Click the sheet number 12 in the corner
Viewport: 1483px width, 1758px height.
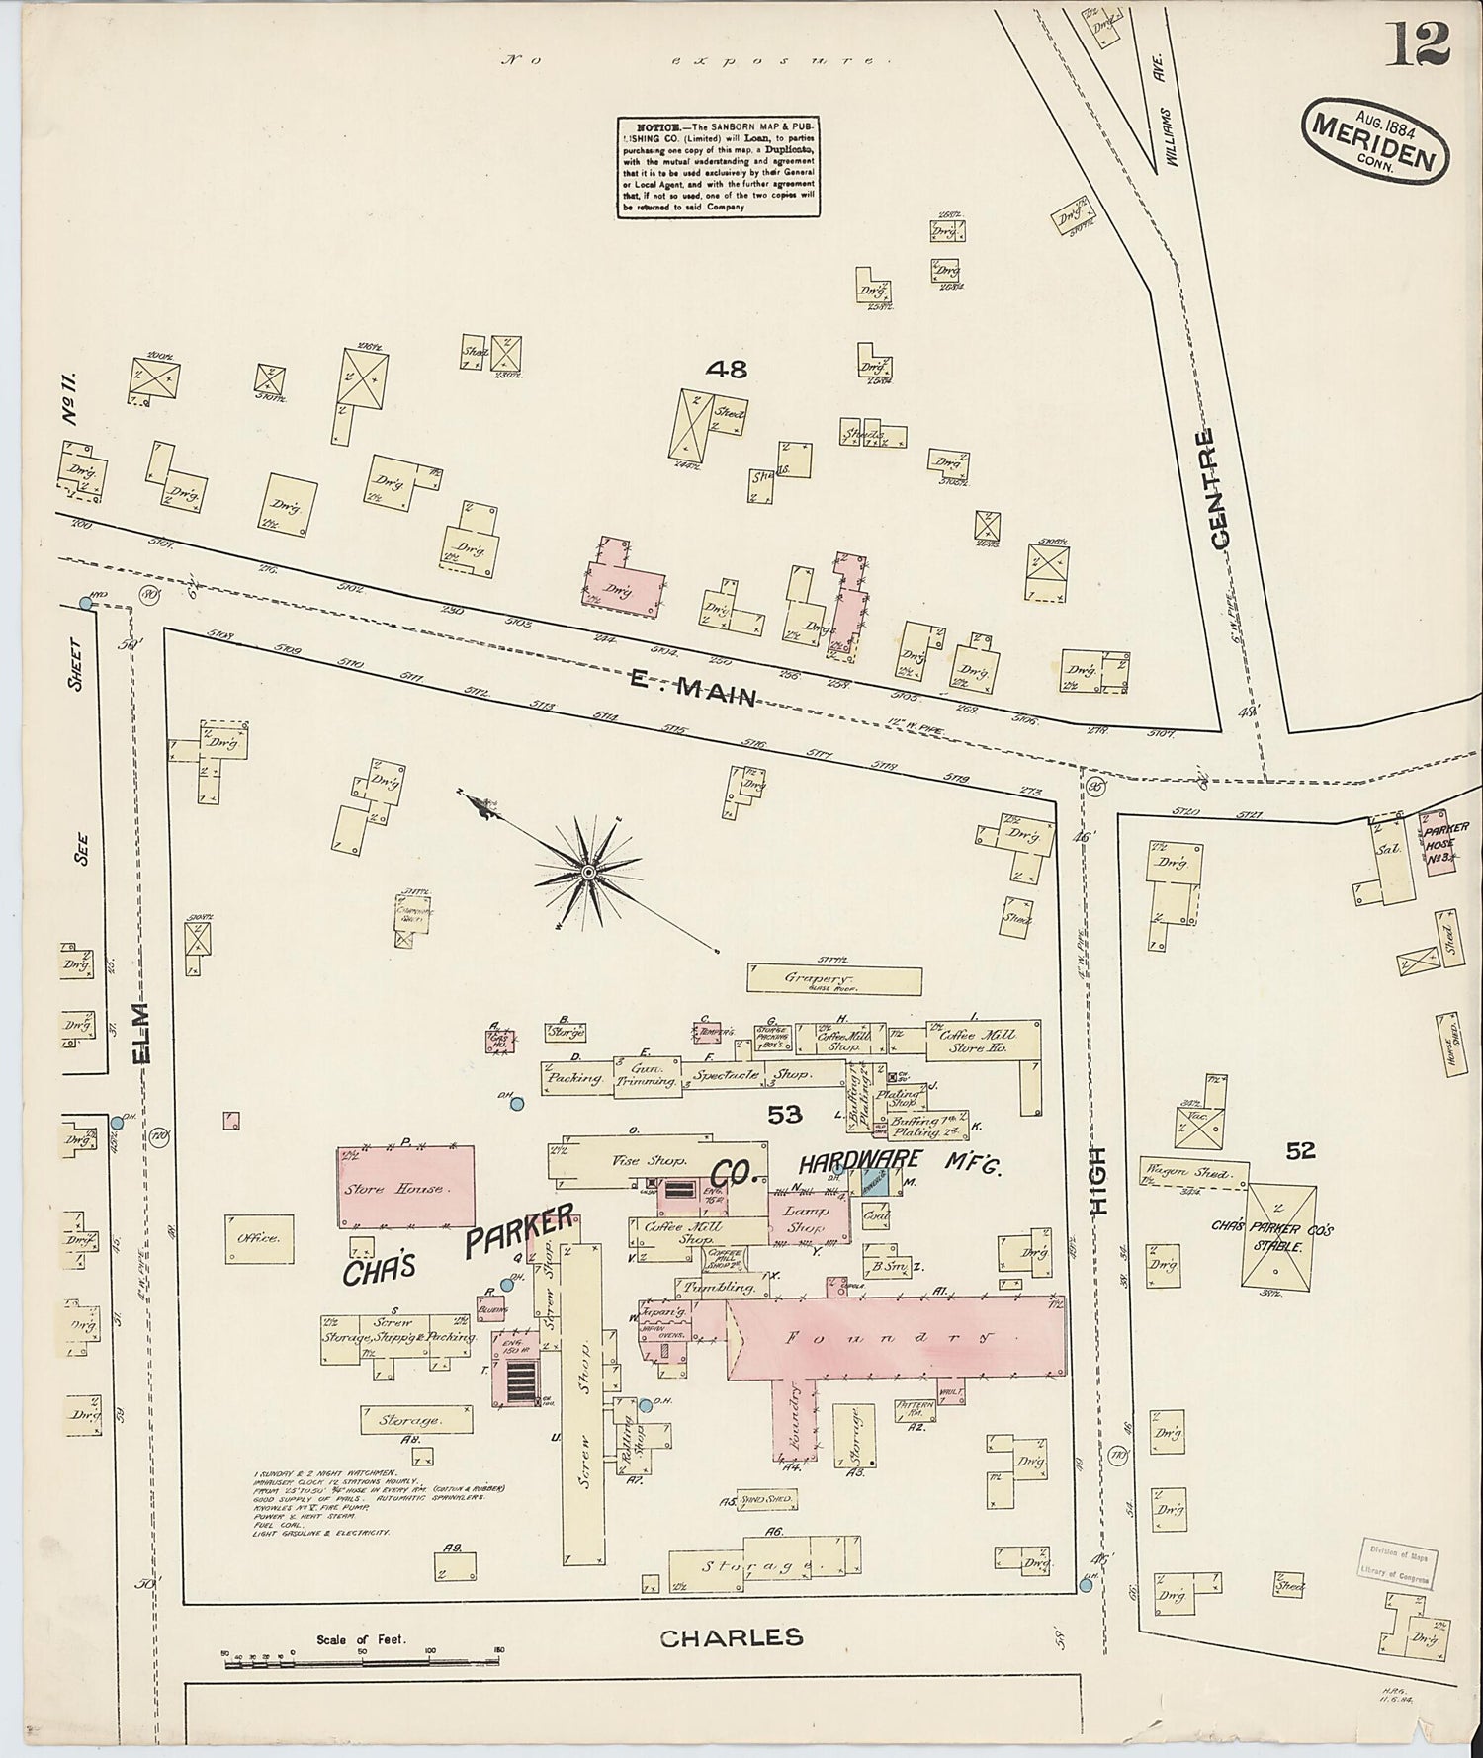(x=1422, y=44)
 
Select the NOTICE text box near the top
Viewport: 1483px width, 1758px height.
(x=720, y=167)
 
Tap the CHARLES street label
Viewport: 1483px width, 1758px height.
(x=732, y=1638)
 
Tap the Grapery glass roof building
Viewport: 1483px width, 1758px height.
(x=834, y=980)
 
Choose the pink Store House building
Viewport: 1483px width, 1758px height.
(x=405, y=1186)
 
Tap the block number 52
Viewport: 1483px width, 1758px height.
(x=1301, y=1150)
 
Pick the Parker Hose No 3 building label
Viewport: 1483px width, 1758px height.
(x=1439, y=841)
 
